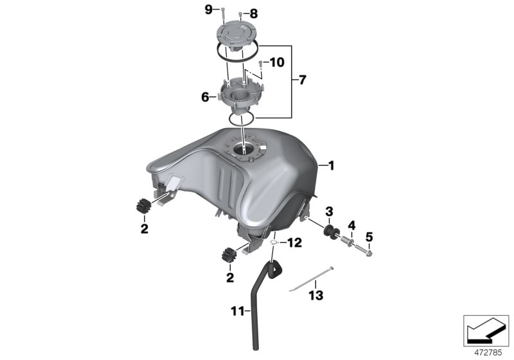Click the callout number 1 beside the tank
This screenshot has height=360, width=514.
click(332, 166)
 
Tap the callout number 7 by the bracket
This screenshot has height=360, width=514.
click(303, 81)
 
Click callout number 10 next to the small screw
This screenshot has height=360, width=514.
click(276, 62)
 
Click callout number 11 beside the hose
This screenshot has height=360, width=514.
click(237, 311)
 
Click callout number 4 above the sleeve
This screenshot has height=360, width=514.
click(351, 225)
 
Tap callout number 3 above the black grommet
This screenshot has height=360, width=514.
click(328, 211)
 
